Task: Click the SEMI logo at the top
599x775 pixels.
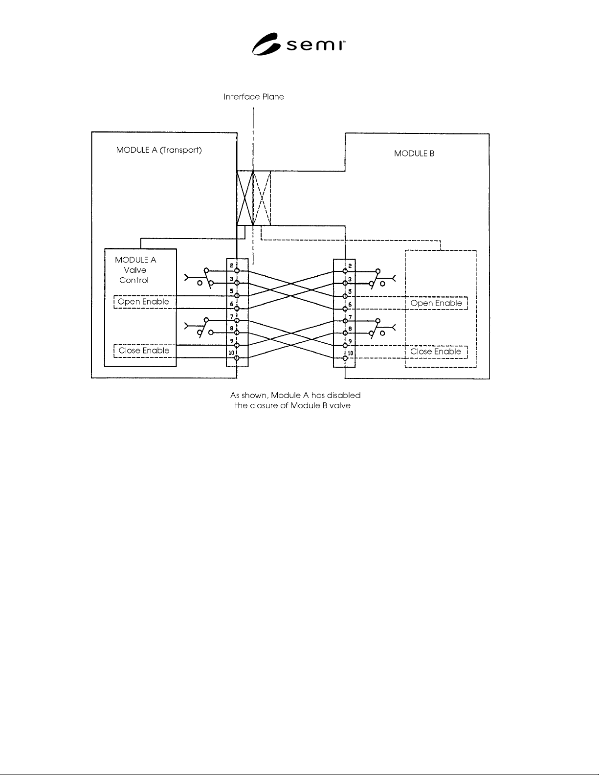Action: pos(299,44)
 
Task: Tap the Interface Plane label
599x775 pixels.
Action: pos(254,97)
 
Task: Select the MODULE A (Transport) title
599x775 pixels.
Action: pos(159,150)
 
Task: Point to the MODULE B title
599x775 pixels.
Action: pos(414,154)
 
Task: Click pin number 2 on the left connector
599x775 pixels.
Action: pos(232,266)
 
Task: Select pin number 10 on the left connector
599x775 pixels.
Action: pos(231,353)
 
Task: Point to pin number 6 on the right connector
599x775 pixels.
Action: pos(350,305)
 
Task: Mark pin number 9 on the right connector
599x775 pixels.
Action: pos(350,341)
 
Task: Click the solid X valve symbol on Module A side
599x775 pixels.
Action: pos(245,199)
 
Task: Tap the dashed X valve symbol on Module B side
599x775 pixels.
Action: pos(262,199)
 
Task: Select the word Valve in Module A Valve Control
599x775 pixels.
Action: pos(135,270)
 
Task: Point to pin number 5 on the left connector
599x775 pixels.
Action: pos(232,291)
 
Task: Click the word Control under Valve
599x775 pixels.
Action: pos(133,280)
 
